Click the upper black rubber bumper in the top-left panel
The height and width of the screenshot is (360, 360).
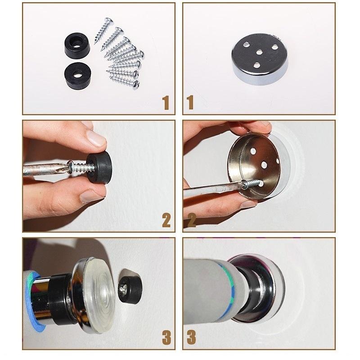point(77,45)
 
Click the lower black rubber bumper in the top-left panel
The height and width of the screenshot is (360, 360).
point(77,75)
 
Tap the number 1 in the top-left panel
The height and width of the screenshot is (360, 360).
point(165,103)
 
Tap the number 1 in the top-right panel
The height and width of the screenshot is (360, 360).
point(190,103)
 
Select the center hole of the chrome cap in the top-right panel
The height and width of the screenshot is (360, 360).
point(259,53)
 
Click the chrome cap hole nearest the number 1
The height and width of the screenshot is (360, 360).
point(257,66)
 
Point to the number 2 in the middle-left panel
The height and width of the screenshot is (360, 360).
point(166,220)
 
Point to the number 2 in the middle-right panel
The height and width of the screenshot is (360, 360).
point(191,220)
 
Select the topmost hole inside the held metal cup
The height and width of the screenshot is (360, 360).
point(253,151)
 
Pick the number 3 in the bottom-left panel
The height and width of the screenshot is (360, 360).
point(166,337)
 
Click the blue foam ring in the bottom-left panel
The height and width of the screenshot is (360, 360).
point(31,301)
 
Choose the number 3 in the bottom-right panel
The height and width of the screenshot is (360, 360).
point(191,337)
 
